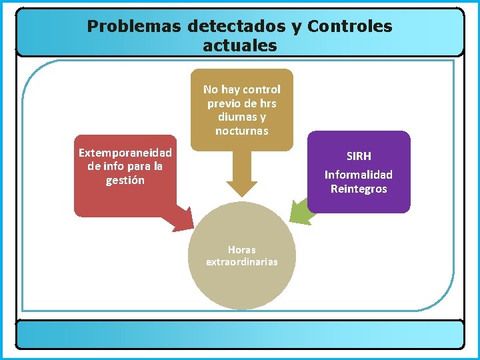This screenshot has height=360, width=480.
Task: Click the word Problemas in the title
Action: pyautogui.click(x=134, y=27)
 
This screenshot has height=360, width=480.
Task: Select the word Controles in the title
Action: pyautogui.click(x=350, y=27)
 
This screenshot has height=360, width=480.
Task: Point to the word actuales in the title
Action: pyautogui.click(x=239, y=46)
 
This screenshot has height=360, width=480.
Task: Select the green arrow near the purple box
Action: pyautogui.click(x=298, y=212)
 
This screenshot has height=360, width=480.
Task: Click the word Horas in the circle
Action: pyautogui.click(x=241, y=250)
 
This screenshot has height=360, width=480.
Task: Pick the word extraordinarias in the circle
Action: pyautogui.click(x=241, y=262)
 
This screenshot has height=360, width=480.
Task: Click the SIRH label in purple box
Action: pyautogui.click(x=359, y=156)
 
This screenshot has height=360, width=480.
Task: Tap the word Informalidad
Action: pyautogui.click(x=359, y=175)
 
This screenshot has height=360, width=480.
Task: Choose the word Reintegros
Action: pyautogui.click(x=359, y=189)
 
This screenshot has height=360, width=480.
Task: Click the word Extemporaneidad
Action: pyautogui.click(x=125, y=153)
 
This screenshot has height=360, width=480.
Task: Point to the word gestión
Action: pyautogui.click(x=125, y=180)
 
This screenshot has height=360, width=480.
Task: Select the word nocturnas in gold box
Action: pyautogui.click(x=241, y=131)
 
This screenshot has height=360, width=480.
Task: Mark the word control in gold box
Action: pyautogui.click(x=261, y=89)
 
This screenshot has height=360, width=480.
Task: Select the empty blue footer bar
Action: pyautogui.click(x=239, y=334)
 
